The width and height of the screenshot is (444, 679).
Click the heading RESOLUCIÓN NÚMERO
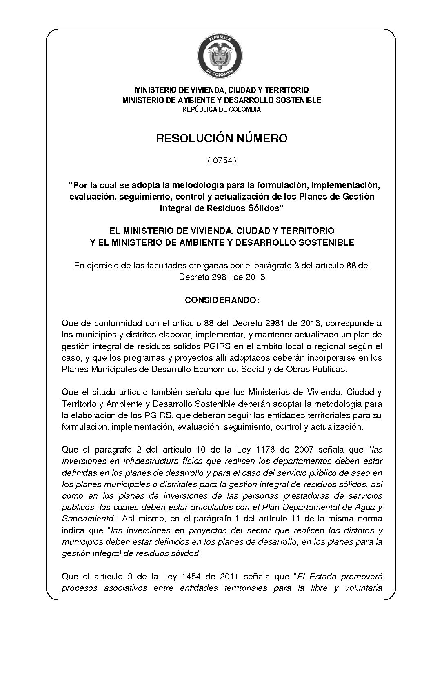pyautogui.click(x=222, y=139)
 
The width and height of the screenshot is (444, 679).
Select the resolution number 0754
pyautogui.click(x=222, y=160)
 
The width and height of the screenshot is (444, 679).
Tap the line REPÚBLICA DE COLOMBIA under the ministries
pyautogui.click(x=222, y=110)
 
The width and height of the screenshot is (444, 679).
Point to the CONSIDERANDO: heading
pyautogui.click(x=222, y=300)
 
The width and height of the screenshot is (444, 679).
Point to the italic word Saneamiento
pyautogui.click(x=87, y=519)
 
